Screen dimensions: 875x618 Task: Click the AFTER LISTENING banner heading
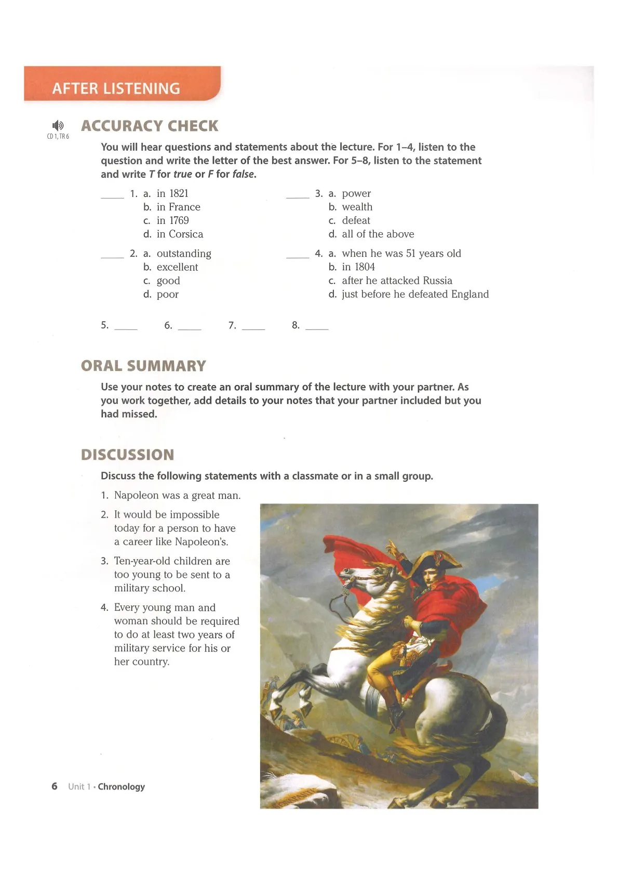[116, 88]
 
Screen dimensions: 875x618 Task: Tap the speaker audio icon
[58, 125]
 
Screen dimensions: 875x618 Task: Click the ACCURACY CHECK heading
[150, 126]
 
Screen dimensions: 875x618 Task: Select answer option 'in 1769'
[172, 220]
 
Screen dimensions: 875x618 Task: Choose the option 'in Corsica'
[180, 234]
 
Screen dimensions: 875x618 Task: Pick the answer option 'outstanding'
[184, 254]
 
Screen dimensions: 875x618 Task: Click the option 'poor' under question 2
[167, 294]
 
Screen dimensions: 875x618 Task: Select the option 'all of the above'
[378, 234]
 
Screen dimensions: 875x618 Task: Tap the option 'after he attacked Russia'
[397, 281]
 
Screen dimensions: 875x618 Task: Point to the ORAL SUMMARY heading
[143, 366]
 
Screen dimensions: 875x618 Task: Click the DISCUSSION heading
[128, 455]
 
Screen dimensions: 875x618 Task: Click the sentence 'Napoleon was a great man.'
[177, 495]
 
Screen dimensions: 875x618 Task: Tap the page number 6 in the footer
[55, 786]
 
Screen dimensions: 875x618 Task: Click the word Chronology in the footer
[121, 787]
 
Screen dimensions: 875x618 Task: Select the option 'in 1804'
[358, 267]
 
